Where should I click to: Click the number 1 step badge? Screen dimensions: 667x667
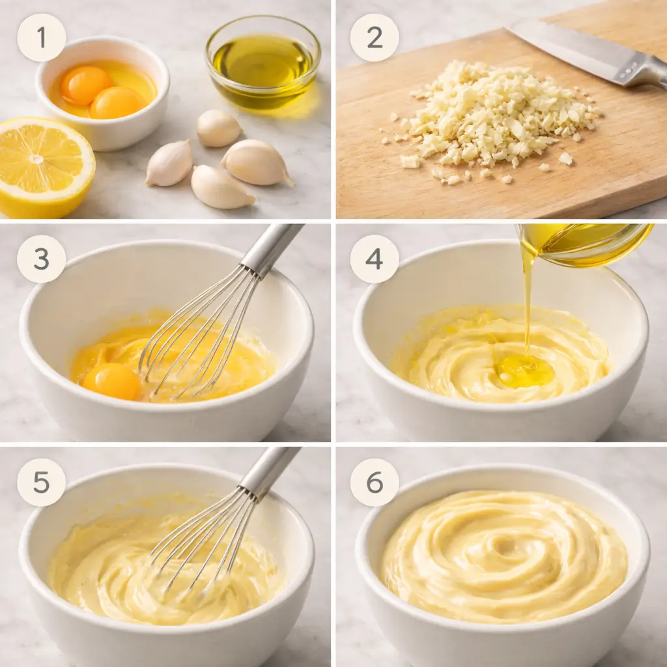[42, 38]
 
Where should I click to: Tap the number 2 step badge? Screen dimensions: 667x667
[375, 38]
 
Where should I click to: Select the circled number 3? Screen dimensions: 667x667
[42, 259]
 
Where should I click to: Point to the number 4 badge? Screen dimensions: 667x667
[375, 259]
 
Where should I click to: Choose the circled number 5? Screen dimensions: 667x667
[42, 483]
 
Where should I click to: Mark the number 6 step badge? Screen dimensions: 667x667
[375, 483]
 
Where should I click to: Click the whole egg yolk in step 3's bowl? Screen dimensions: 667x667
[111, 381]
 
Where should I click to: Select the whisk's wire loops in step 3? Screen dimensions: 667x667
[195, 339]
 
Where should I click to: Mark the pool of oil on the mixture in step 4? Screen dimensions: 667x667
[524, 371]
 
